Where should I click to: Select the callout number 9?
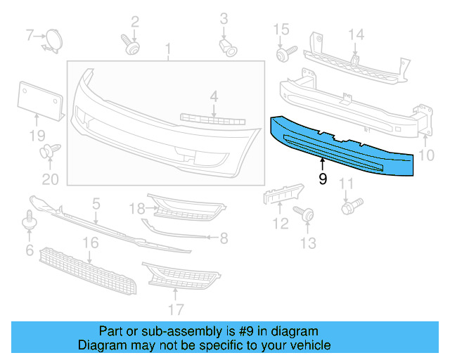tap(323, 179)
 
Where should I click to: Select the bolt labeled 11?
tap(349, 207)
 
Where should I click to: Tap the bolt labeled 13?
tap(305, 214)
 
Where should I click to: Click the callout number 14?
tap(356, 34)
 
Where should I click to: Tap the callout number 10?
tap(427, 155)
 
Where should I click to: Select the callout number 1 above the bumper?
tap(168, 49)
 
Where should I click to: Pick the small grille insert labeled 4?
tap(211, 118)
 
